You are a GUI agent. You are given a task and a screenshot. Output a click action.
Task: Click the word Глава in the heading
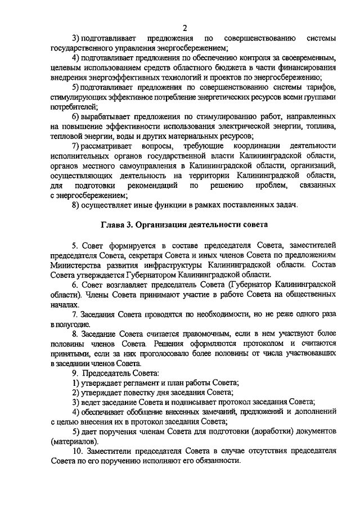[x=113, y=224]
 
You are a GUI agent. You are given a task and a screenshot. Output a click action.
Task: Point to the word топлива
[x=320, y=125]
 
